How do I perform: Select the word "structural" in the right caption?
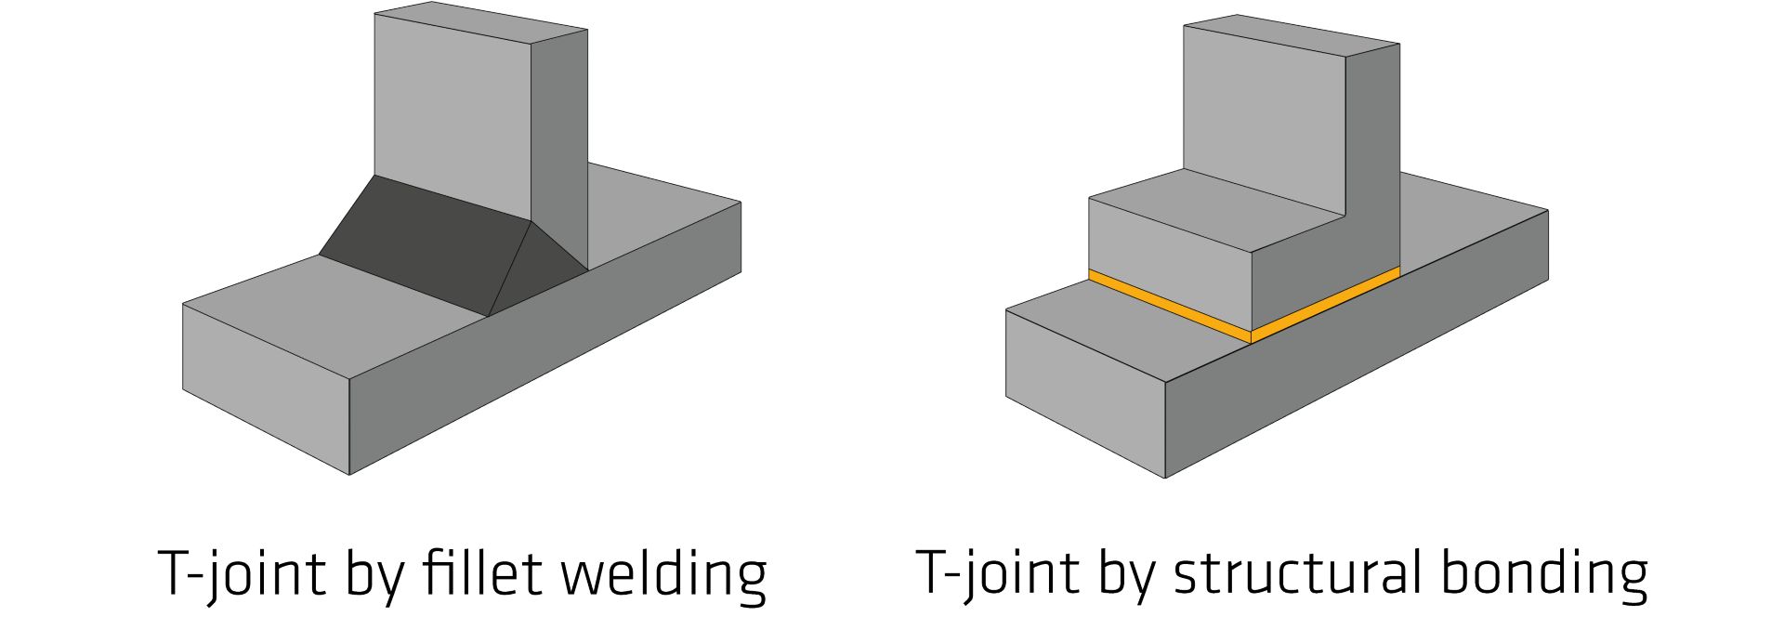coord(1297,572)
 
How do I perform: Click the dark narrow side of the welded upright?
coord(558,139)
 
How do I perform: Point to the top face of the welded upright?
coord(479,22)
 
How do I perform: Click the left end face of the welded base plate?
coord(265,386)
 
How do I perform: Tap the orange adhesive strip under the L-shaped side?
coord(1325,302)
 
